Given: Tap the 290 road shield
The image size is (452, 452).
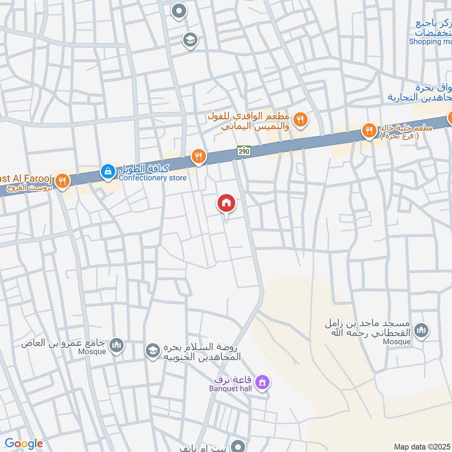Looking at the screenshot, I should [x=244, y=151].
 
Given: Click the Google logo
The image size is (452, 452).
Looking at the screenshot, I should [x=23, y=444].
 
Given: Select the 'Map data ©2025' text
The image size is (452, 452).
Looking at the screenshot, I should [x=421, y=446].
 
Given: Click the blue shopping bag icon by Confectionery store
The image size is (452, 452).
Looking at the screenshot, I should [x=107, y=169].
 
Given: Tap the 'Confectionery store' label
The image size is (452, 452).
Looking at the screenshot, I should [x=152, y=178].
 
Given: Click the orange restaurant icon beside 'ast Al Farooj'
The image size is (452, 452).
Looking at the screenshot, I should [x=63, y=181].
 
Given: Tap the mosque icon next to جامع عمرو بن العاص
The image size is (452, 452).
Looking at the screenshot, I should [x=116, y=345].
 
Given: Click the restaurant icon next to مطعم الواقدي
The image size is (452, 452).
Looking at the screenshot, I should [x=301, y=119].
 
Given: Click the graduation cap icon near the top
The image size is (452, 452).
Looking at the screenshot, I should [x=190, y=40].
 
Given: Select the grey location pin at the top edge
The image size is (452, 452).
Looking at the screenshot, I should [x=179, y=10].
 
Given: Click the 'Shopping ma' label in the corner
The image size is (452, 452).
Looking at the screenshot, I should [x=431, y=41].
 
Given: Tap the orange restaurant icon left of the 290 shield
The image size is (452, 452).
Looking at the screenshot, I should [x=198, y=157].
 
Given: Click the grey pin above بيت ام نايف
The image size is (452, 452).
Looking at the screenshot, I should [x=239, y=446].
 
